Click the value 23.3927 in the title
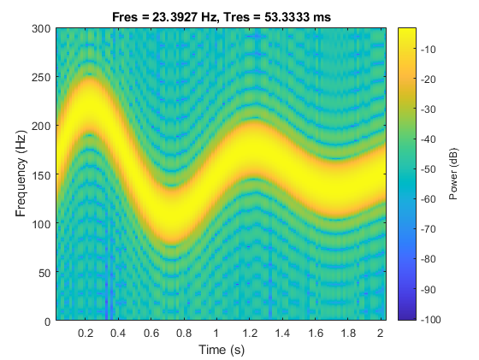pos(180,16)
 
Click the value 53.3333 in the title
pos(274,16)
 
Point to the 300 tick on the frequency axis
pos(42,28)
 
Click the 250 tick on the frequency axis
pos(42,77)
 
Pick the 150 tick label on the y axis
pos(42,174)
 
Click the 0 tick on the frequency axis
pos(48,321)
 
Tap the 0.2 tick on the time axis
pos(86,332)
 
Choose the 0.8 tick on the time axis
pos(184,332)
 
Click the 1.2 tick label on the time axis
pos(250,332)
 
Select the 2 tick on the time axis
pos(381,332)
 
